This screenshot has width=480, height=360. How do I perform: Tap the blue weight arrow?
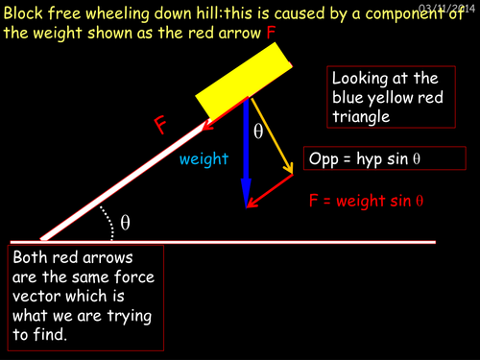coord(247,154)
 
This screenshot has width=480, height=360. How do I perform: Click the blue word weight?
coord(204,159)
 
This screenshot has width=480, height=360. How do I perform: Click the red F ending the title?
coord(273,33)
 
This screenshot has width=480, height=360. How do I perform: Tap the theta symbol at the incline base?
coord(125,223)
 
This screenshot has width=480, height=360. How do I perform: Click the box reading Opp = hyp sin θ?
coord(383,157)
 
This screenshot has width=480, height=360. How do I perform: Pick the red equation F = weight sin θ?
coord(367,202)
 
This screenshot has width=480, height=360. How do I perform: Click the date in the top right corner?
coord(447,8)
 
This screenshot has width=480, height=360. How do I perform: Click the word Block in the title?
coord(25,12)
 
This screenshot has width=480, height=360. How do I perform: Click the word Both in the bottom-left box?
coord(32,259)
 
